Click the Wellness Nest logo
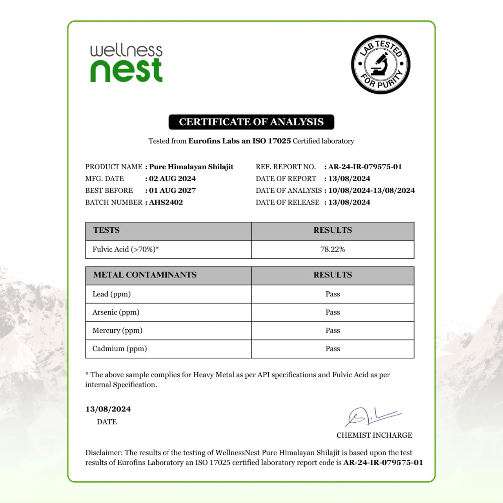coord(126,63)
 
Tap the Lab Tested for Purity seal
coord(381,64)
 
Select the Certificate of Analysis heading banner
coord(251,122)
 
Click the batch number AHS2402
coord(166,202)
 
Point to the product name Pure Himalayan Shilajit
coord(191,167)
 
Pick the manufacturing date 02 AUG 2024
coord(172,178)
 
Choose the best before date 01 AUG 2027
coord(172,190)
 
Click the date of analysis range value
coord(372,190)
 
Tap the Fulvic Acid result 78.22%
coord(333,249)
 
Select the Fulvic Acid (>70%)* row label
coord(126,249)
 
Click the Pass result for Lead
coord(333,294)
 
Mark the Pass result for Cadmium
coord(333,349)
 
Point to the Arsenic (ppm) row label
coord(116,312)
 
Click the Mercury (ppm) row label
coord(117,330)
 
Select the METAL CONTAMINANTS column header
coord(145,275)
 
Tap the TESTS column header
coord(106,230)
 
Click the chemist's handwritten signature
coord(372,416)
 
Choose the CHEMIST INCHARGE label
coord(374,435)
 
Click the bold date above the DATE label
coord(108,409)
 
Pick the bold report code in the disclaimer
coord(383,462)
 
